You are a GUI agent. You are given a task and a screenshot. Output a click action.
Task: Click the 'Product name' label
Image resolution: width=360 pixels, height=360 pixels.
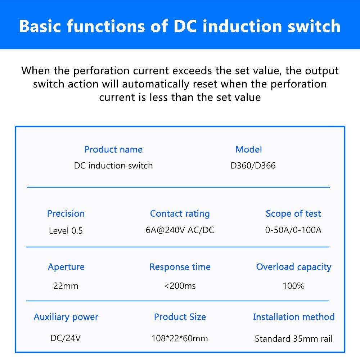coord(113,149)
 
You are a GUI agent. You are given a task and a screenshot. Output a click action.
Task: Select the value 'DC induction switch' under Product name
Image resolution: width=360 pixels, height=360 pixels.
coord(113,166)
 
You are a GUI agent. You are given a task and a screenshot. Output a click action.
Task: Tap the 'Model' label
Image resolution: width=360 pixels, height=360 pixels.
coord(248,149)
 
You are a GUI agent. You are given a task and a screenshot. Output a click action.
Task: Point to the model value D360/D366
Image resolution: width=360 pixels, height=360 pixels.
coord(253,166)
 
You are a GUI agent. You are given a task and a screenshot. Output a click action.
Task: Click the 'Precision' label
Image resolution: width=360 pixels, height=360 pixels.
coord(66,213)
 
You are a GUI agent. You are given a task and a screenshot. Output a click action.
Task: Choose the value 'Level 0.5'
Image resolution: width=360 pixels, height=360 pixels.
coord(66,231)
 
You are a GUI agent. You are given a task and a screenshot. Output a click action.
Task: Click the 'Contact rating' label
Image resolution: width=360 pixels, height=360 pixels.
coord(180,213)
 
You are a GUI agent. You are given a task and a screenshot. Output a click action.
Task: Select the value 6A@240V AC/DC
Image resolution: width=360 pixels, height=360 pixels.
coord(180,230)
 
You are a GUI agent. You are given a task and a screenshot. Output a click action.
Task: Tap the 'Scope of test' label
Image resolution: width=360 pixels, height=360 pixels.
coord(293,213)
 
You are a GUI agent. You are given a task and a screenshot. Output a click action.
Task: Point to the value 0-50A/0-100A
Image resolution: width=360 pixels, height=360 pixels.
coord(293,230)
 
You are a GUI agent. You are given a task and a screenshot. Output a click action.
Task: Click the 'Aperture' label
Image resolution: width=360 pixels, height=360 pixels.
coord(66,267)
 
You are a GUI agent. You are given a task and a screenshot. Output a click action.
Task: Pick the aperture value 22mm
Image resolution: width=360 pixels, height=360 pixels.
coord(66,286)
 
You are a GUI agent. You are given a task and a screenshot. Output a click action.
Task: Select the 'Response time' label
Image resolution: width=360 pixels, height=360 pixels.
coord(180,267)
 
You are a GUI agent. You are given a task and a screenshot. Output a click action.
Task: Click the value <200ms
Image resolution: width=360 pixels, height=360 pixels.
coord(180,286)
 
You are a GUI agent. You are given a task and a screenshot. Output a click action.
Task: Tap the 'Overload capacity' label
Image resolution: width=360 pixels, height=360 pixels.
coord(293,267)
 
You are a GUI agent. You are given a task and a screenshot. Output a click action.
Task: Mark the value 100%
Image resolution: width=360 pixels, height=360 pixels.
coord(293,286)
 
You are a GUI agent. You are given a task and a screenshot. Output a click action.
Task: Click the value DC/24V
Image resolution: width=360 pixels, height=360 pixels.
coord(66,338)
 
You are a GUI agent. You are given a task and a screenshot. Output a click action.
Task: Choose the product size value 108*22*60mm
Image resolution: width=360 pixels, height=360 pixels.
coord(180,338)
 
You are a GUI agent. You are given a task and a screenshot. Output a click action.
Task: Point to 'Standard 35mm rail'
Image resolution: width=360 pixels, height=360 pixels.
coord(293,339)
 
